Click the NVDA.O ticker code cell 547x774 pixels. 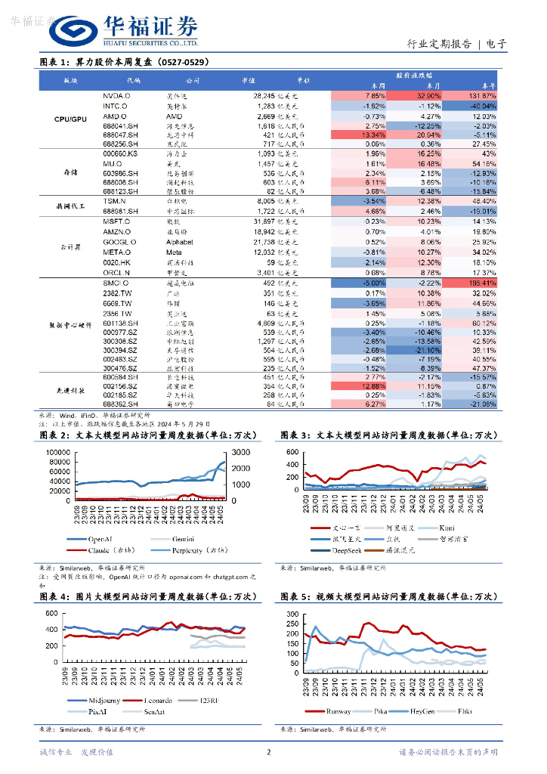coord(116,97)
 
